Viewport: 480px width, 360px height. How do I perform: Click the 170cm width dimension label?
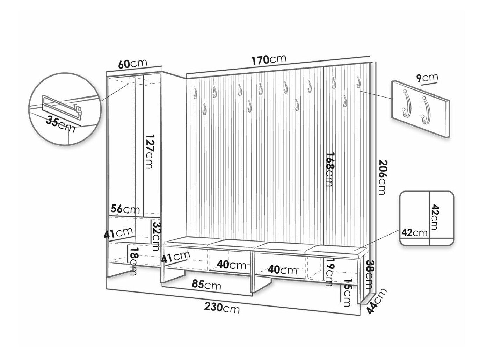pos(269,59)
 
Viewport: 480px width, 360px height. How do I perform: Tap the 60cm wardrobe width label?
pos(132,64)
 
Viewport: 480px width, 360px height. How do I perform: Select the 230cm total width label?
pos(222,308)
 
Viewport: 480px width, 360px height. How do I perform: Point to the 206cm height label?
pos(381,177)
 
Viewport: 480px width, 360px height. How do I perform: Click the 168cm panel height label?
pos(329,170)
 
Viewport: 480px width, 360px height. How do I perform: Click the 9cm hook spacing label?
pos(427,78)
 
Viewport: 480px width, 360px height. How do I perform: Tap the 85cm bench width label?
pos(206,285)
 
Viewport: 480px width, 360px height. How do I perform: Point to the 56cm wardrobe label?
pos(125,209)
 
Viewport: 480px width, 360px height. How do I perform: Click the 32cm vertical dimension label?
pos(157,236)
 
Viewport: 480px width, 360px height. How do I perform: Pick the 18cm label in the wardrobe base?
pos(133,262)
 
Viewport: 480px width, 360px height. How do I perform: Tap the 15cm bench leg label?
pos(347,293)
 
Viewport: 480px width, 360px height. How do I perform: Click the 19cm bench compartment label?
pos(328,272)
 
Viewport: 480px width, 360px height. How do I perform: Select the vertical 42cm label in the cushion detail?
pos(435,217)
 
